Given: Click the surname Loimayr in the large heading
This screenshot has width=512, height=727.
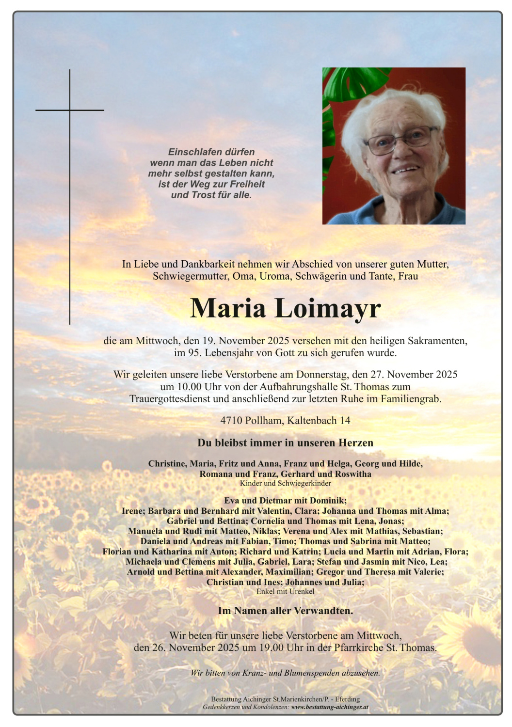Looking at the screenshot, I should coord(328,308).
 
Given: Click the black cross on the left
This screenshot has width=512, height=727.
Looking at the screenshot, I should coord(70,111).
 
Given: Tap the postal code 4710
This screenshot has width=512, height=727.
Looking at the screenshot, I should coord(231,420).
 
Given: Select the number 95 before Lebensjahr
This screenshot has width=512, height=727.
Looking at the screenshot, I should coord(193,353).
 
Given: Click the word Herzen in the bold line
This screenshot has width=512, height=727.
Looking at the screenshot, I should coord(356,443).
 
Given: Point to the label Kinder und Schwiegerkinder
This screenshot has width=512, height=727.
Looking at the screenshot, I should coord(286,483).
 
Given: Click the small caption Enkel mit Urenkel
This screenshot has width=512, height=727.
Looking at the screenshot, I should coord(286,591).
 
